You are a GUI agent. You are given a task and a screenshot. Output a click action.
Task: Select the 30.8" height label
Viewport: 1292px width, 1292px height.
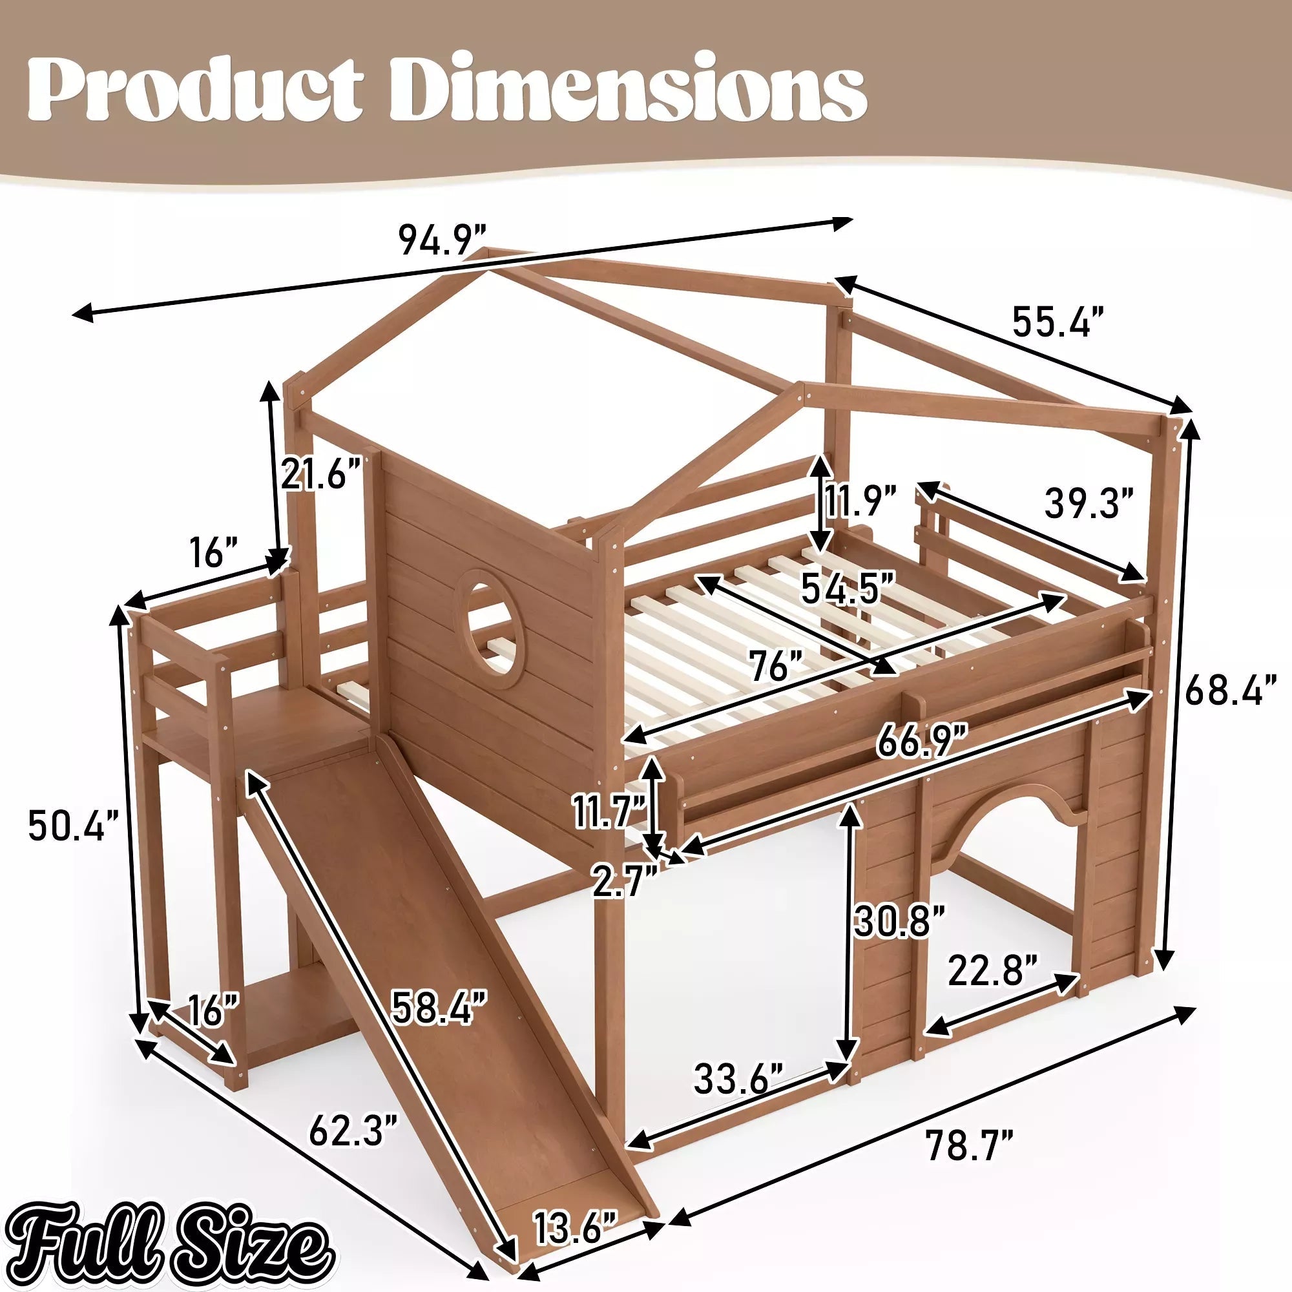point(899,922)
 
